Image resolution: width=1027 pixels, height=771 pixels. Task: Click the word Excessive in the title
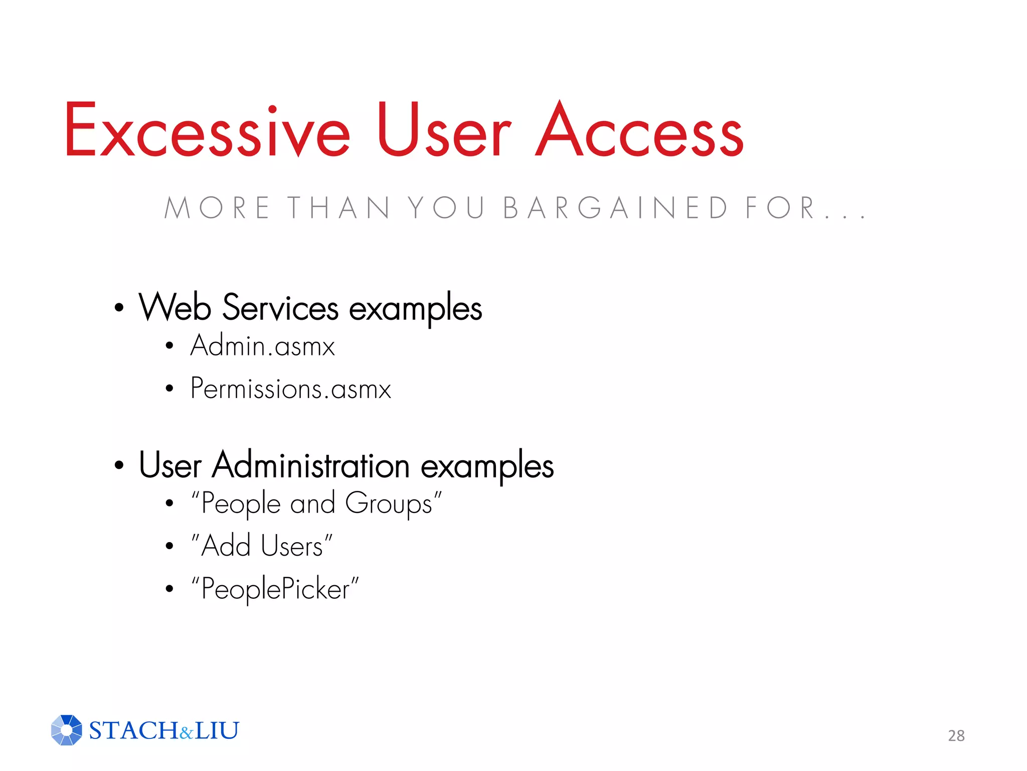click(207, 131)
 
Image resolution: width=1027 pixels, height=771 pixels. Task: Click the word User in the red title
click(444, 131)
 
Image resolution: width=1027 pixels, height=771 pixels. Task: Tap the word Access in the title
click(639, 131)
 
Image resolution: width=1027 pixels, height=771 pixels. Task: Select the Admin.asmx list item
click(262, 346)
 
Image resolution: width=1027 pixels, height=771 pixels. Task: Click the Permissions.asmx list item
click(290, 389)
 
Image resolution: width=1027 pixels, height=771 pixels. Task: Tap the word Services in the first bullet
click(280, 308)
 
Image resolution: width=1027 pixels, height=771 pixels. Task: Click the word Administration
click(311, 465)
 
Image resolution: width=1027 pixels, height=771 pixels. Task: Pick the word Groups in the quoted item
click(389, 503)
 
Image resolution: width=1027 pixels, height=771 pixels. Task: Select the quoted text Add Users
click(262, 546)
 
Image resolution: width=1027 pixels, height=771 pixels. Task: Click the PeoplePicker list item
click(275, 589)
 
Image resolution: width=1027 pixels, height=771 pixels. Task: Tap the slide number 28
click(956, 735)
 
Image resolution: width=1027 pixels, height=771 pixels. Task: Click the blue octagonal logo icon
click(66, 730)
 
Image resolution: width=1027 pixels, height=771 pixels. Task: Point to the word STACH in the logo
click(133, 730)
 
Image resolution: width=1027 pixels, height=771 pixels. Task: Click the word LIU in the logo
click(217, 730)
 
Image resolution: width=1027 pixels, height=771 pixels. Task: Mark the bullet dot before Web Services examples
click(119, 308)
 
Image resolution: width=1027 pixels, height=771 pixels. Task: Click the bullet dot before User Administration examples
click(119, 465)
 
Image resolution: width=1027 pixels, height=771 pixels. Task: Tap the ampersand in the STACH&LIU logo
click(186, 733)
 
